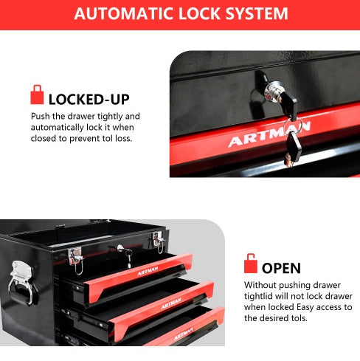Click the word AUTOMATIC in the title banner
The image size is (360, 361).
coord(123,14)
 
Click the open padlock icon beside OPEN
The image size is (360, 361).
coord(251,264)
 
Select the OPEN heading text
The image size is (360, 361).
coord(281,267)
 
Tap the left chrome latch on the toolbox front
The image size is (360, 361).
coord(75,255)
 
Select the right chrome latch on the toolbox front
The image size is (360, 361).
coord(156,241)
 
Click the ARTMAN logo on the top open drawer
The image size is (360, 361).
coord(148,270)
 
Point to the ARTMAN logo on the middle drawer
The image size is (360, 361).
coord(170,302)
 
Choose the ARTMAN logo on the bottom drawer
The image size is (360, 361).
coord(184,333)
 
